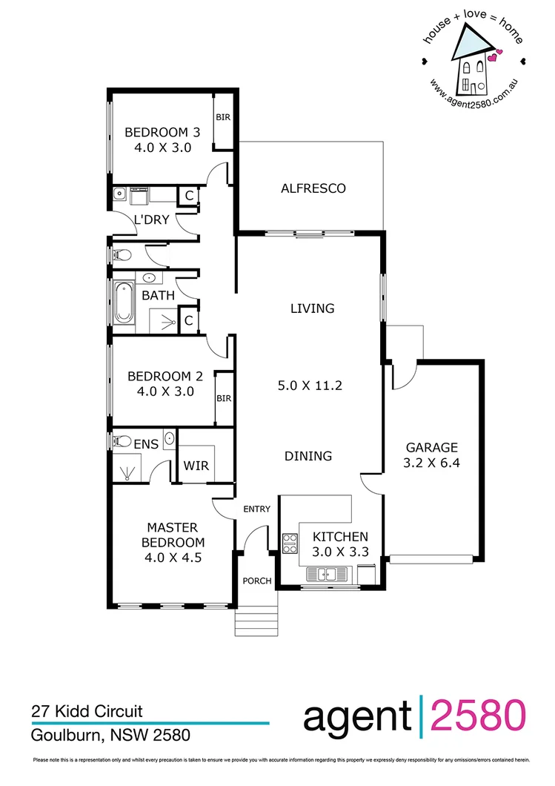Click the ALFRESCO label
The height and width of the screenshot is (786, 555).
(x=313, y=188)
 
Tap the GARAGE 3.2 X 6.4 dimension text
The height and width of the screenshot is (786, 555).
(x=431, y=463)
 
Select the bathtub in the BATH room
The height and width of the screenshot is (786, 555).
(x=123, y=303)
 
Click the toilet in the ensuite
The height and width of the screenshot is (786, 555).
(x=122, y=441)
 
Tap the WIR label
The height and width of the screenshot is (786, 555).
(x=196, y=466)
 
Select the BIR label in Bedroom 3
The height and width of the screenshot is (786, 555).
(x=222, y=117)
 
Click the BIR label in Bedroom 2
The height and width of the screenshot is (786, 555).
(x=224, y=398)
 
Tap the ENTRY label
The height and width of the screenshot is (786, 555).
(x=256, y=509)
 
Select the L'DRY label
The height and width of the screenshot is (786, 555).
(x=152, y=219)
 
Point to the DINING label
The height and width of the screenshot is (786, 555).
(x=308, y=456)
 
